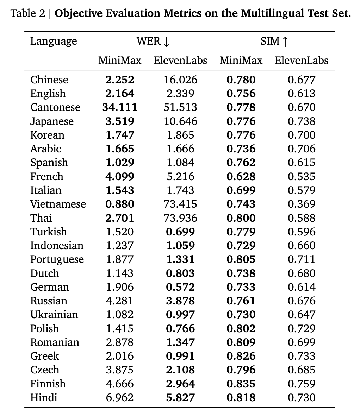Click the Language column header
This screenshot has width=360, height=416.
click(x=53, y=42)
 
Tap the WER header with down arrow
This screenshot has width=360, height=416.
click(x=153, y=42)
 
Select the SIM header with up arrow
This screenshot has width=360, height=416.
click(x=274, y=42)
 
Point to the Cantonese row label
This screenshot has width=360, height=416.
click(x=55, y=107)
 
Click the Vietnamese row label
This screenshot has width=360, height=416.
click(x=58, y=204)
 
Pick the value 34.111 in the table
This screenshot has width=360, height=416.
click(x=120, y=107)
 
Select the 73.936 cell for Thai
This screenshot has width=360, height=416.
click(x=181, y=218)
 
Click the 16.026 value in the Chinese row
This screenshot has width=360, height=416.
click(x=181, y=80)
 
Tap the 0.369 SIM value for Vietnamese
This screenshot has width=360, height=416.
click(x=302, y=204)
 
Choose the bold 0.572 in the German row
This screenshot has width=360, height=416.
click(x=181, y=287)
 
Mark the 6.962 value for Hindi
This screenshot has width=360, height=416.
click(x=120, y=397)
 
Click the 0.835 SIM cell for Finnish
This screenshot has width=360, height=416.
click(x=241, y=384)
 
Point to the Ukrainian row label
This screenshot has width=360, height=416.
click(x=54, y=315)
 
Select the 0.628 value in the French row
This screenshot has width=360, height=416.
click(x=241, y=176)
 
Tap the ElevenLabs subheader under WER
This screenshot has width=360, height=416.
click(x=180, y=61)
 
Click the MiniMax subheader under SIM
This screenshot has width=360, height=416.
click(x=241, y=61)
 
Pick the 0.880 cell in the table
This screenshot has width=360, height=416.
click(x=120, y=204)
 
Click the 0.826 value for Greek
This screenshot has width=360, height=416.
click(x=241, y=356)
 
